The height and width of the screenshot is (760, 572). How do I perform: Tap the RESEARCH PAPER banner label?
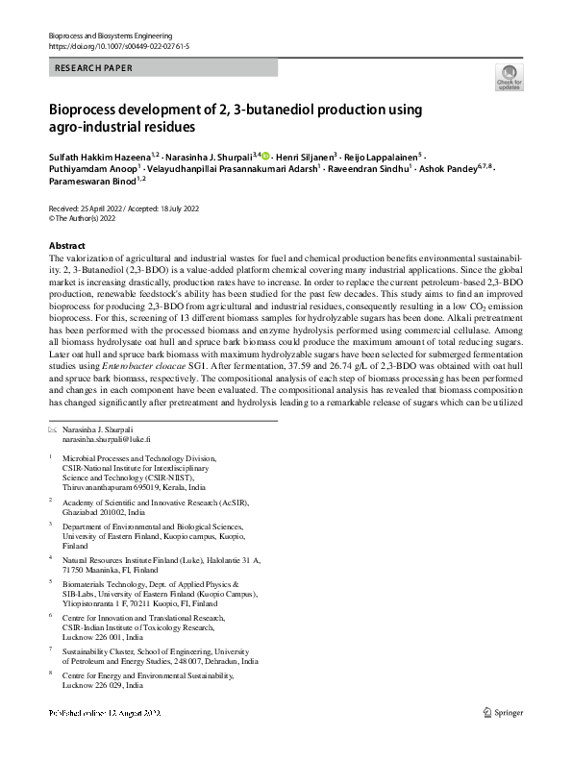coord(94,68)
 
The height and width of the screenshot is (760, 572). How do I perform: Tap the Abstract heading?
coord(66,246)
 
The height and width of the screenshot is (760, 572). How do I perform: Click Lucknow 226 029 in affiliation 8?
coord(95,686)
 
